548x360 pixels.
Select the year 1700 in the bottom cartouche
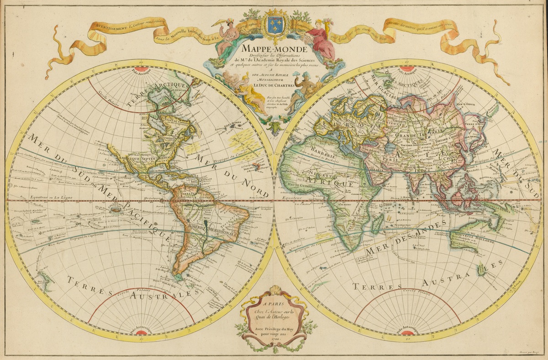[275, 339]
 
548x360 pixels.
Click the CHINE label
[458, 157]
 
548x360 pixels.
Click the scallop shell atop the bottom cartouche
[274, 291]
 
